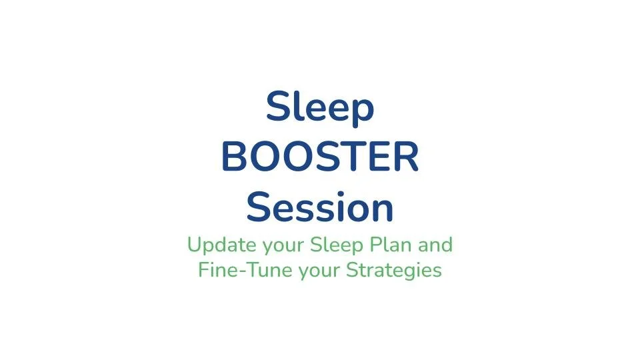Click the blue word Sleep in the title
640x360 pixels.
(x=319, y=108)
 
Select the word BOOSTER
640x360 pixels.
(x=320, y=158)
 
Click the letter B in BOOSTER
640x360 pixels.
(x=235, y=159)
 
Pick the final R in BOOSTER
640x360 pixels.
(x=406, y=159)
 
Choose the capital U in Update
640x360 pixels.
(x=195, y=245)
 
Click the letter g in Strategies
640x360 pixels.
(x=417, y=273)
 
